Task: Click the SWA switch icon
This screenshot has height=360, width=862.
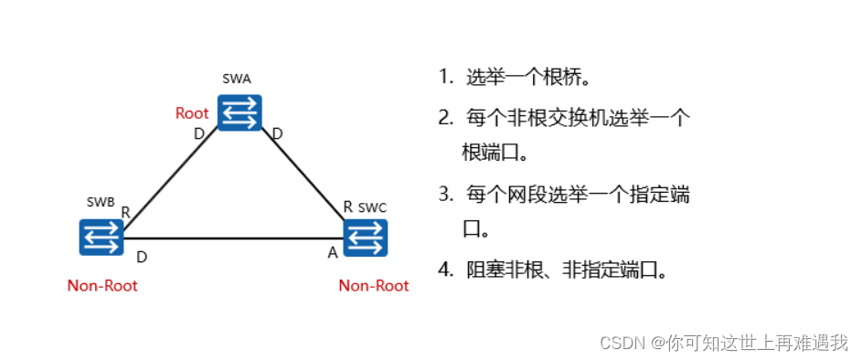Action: [240, 112]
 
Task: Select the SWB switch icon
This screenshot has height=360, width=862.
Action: [101, 237]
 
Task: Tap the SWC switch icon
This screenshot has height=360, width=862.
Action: [366, 237]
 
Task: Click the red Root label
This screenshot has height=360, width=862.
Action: [192, 113]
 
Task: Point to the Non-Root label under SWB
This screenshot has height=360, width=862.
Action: [102, 286]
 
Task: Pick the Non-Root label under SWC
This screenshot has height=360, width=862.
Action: [374, 286]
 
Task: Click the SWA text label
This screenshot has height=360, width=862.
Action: [237, 79]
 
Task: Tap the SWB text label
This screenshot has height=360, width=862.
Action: [101, 201]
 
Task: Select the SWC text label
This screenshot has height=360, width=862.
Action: [372, 208]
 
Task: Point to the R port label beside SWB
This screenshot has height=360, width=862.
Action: [125, 213]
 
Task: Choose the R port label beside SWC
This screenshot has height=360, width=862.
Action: [347, 206]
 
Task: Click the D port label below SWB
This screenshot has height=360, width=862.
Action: [142, 257]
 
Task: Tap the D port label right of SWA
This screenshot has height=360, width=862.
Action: [277, 134]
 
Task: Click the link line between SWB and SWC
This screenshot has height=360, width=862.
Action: [233, 238]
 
